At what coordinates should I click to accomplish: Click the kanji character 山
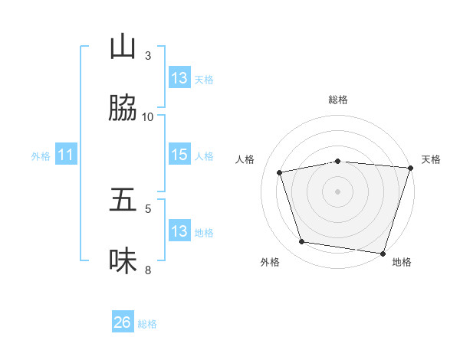click(123, 47)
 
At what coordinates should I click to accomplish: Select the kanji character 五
click(123, 200)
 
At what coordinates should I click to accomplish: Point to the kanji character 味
click(123, 261)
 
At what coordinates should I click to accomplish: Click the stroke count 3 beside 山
click(148, 56)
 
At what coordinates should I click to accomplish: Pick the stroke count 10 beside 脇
click(148, 117)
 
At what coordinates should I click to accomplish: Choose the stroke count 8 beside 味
click(148, 270)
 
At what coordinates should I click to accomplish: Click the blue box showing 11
click(66, 155)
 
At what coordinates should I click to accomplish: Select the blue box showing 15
click(179, 155)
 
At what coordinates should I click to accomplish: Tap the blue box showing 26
click(123, 323)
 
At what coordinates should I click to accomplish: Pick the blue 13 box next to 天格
click(179, 78)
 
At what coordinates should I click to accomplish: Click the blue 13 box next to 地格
click(179, 231)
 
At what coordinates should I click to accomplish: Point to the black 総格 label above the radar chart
click(337, 100)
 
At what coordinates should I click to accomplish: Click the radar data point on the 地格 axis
click(383, 253)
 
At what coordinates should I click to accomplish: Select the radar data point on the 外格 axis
click(302, 242)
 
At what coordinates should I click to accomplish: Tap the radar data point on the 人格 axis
click(280, 172)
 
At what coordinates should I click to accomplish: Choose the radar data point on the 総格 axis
click(337, 161)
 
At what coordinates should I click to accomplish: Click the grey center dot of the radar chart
click(337, 191)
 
